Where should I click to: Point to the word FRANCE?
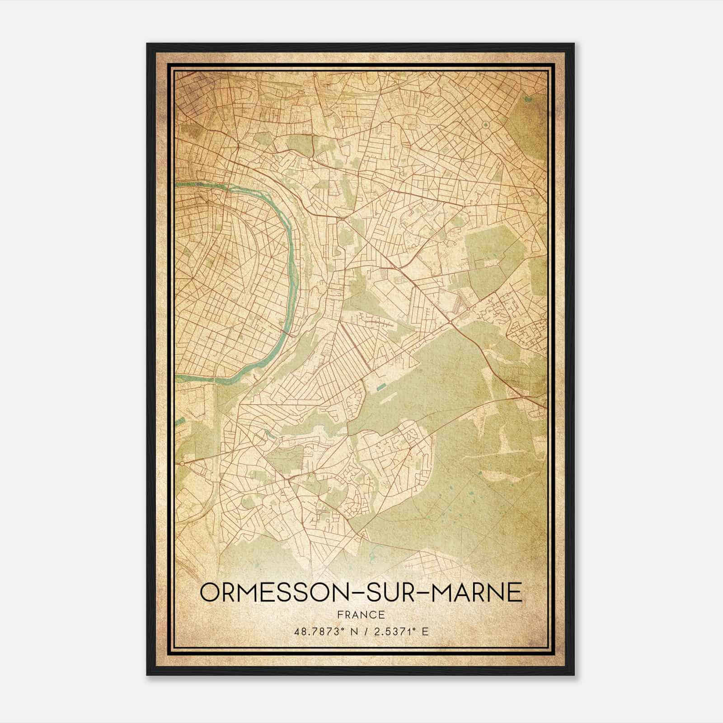point(361,615)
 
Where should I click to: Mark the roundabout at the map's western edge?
point(182,463)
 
